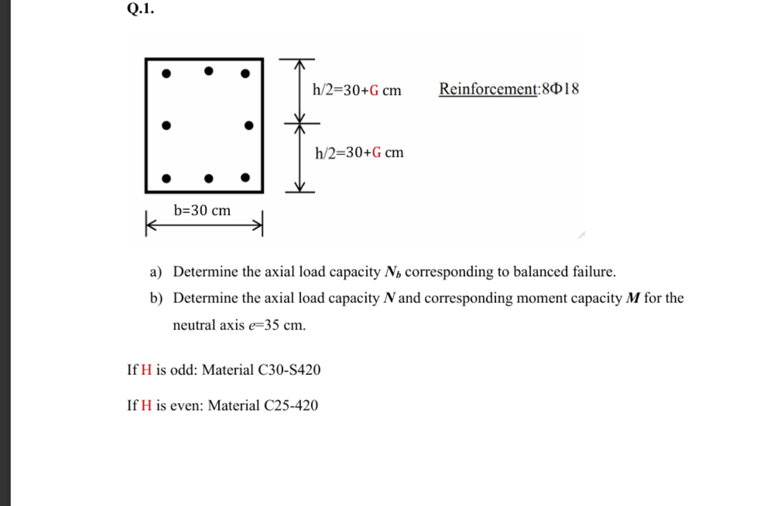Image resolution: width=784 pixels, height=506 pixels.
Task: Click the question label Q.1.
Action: pos(139,9)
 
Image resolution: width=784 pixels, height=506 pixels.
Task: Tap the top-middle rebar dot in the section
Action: pos(209,71)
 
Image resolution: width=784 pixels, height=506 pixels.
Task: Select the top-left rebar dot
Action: pos(166,74)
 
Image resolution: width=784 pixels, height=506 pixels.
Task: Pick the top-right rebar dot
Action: pos(245,74)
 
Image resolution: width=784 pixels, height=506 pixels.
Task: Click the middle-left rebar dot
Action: pos(166,125)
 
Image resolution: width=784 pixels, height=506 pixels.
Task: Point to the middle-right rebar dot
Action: pos(248,125)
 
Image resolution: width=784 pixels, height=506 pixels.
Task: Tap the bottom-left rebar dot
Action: pos(166,178)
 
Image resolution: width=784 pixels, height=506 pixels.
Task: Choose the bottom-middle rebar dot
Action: pos(209,179)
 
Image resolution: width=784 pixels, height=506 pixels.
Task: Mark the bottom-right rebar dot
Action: pos(245,177)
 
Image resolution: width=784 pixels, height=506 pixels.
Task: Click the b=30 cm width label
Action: pos(202,211)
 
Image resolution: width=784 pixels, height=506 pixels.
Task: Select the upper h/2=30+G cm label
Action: pos(357,90)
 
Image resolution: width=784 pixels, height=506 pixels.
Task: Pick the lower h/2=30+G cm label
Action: pos(359,152)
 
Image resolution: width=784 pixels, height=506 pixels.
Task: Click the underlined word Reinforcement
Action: pos(488,89)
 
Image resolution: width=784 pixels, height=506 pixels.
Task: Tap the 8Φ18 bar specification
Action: pos(560,89)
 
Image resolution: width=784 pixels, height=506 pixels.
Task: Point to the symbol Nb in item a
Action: pos(393,273)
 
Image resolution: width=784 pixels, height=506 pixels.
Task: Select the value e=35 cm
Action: pos(282,326)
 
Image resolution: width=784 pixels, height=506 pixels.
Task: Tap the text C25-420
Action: pos(290,406)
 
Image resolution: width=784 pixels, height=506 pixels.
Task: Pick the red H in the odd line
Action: pos(146,370)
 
